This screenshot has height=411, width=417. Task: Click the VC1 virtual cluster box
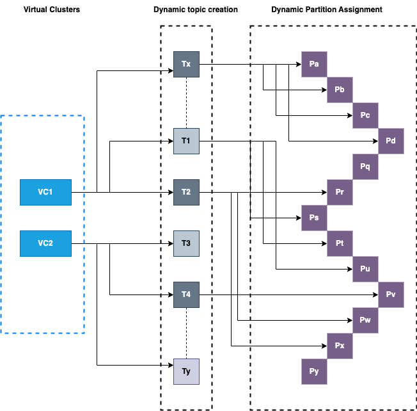click(45, 192)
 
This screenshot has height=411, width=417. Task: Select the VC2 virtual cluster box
click(45, 243)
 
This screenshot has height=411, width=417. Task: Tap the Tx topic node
click(186, 64)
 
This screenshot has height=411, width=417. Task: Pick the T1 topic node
click(186, 141)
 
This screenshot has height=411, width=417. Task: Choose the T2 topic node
click(186, 192)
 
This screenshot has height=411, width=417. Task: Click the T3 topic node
click(186, 243)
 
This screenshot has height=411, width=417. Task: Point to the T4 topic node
click(186, 294)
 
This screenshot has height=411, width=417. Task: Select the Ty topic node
click(186, 371)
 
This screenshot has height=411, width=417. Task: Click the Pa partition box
click(314, 64)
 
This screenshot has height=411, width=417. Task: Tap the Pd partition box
click(391, 141)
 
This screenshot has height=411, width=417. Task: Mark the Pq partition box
click(365, 166)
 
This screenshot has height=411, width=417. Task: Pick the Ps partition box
click(314, 218)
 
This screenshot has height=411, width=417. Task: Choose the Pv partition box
click(391, 294)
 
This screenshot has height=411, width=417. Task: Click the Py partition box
click(314, 371)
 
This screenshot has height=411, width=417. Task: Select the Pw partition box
click(365, 320)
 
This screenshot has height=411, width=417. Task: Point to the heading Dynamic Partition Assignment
click(327, 10)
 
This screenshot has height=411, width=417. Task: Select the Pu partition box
click(365, 269)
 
